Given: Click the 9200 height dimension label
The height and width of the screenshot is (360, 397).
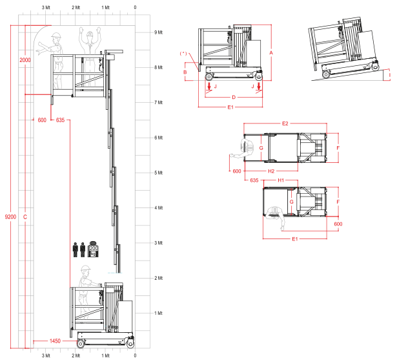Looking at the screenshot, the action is [x=10, y=217].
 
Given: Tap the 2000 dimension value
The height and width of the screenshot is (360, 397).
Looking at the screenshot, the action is [x=25, y=60].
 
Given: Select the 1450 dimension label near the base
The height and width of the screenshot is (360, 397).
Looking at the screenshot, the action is [x=55, y=341].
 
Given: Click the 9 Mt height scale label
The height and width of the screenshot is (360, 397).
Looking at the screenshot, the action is [x=159, y=32].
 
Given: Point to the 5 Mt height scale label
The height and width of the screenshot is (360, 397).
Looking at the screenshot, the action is [x=159, y=173].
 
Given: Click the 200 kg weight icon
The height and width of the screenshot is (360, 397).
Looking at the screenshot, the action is [x=93, y=249].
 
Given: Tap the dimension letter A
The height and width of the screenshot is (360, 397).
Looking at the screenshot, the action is [x=271, y=53].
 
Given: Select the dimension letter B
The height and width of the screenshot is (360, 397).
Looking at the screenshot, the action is [x=185, y=72].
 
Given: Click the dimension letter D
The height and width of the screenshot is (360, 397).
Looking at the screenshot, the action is [x=234, y=97].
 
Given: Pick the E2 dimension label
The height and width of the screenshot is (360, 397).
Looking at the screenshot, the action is [x=285, y=123].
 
